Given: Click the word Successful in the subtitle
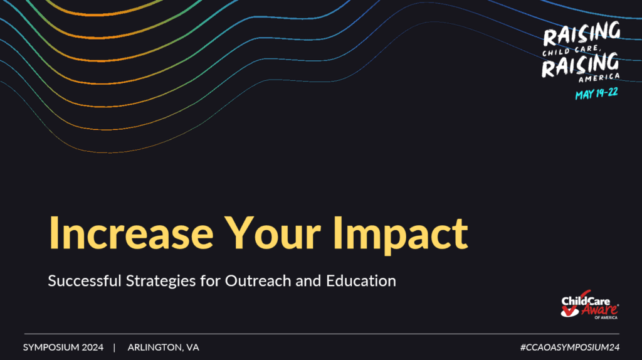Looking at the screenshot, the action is pos(85,281).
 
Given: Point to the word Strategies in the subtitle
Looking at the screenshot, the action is pos(161,282).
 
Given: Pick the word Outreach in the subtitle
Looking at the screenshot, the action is pos(258,281).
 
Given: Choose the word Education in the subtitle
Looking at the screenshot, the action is pos(361,281).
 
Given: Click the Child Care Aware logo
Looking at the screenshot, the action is pos(589,305).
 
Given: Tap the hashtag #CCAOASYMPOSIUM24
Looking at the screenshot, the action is pos(569,347).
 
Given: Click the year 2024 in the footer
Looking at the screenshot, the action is pos(93,347).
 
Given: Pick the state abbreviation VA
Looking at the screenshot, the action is pos(192,347).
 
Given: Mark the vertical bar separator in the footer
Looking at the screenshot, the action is pos(114,347).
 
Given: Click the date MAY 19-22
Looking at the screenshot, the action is pos(597,94).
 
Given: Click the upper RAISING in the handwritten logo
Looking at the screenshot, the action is pos(581,34).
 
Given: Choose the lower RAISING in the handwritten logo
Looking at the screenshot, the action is pos(580,65).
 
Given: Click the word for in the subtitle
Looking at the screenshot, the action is pos(211,281).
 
